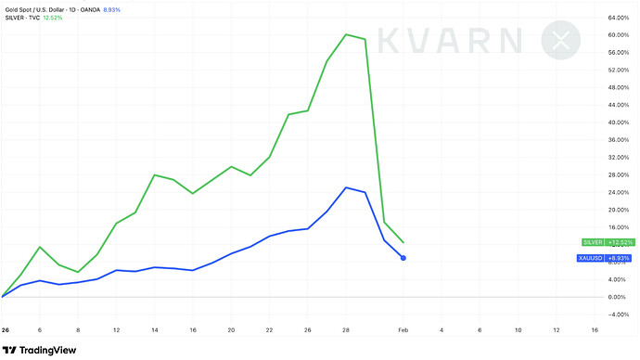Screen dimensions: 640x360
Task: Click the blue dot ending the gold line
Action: [x=403, y=258]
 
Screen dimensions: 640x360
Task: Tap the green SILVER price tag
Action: [x=608, y=242]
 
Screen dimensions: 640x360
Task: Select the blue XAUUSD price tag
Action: [x=604, y=258]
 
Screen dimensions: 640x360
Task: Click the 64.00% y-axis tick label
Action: [x=619, y=18]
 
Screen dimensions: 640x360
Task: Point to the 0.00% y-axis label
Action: [x=617, y=297]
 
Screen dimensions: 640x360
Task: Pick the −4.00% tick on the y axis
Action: [x=618, y=315]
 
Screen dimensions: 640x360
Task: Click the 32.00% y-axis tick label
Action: [x=619, y=157]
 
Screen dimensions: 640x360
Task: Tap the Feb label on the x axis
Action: [x=403, y=329]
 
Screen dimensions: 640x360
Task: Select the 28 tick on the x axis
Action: [x=346, y=329]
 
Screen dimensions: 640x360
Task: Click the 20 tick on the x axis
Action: [x=231, y=329]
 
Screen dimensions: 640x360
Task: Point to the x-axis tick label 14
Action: [x=155, y=329]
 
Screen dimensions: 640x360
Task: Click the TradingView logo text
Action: [x=47, y=350]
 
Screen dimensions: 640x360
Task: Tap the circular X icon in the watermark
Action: [x=561, y=40]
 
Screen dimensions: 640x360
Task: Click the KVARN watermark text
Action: [x=449, y=41]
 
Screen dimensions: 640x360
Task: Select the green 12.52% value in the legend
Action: [x=53, y=18]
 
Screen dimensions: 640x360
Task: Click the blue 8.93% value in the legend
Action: [x=112, y=9]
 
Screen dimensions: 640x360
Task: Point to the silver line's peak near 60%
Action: [x=346, y=34]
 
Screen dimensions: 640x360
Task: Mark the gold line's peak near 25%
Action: [x=346, y=187]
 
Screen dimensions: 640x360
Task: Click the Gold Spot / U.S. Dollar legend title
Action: [x=34, y=9]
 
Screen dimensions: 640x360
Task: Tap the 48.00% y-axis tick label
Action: [x=619, y=87]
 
